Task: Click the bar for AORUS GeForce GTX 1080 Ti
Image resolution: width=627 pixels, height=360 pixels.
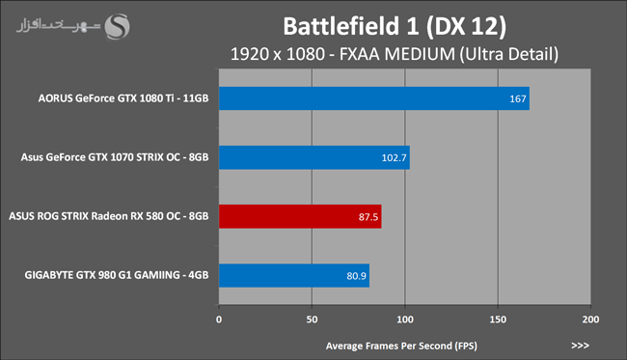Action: click(x=374, y=98)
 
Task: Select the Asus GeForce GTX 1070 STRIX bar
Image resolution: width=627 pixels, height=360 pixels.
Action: click(x=314, y=157)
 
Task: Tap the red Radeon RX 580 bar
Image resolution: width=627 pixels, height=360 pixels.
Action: click(x=300, y=216)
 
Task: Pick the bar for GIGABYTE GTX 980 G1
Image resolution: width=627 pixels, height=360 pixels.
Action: click(x=294, y=275)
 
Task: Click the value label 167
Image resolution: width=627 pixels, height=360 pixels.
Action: click(x=517, y=98)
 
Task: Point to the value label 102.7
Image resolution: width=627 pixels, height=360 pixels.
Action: click(x=394, y=157)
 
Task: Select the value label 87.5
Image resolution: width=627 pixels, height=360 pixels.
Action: click(x=368, y=217)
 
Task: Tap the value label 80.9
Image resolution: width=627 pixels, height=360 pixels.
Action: click(x=356, y=276)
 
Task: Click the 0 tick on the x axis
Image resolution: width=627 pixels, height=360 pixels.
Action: click(x=219, y=319)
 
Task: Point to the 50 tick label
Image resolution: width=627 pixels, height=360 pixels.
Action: click(x=312, y=319)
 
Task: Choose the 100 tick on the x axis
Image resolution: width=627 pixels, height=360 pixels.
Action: click(x=405, y=319)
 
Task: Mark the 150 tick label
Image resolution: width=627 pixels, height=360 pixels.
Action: click(x=498, y=319)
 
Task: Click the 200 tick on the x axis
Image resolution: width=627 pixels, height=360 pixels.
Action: click(x=590, y=319)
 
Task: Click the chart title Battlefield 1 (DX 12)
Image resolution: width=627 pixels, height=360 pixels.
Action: click(x=395, y=26)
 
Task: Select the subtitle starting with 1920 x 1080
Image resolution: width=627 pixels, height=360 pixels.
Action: click(x=395, y=54)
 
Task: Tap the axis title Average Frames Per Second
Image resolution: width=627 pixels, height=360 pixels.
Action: click(x=401, y=346)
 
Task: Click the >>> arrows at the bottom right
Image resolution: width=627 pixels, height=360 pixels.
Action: click(x=580, y=346)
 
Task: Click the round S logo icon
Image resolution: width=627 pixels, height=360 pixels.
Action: click(x=117, y=27)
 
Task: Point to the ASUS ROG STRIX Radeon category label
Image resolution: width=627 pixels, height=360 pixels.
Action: click(x=109, y=216)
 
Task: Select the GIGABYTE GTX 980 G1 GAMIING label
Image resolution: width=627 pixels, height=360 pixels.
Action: click(x=117, y=275)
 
